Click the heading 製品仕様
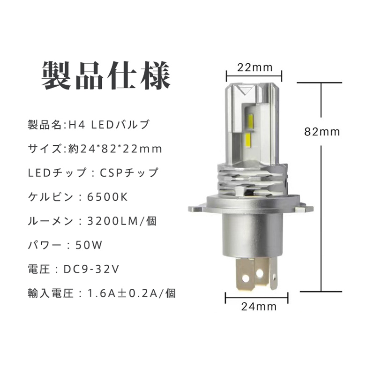point(106,76)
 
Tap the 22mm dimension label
point(255,67)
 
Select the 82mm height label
point(322,132)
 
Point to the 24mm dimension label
point(259,307)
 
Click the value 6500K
point(108,197)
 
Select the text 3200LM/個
point(122,221)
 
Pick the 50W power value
point(89,245)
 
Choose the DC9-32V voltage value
point(91,269)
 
